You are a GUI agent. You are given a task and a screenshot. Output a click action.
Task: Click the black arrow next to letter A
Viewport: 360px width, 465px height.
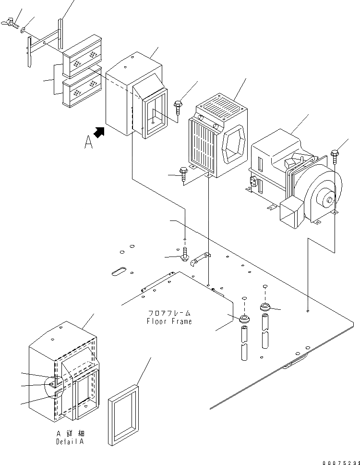99,133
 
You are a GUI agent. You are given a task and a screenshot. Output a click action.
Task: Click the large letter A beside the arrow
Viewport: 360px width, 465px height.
88,142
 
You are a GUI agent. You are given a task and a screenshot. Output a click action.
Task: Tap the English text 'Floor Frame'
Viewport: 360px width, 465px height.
169,321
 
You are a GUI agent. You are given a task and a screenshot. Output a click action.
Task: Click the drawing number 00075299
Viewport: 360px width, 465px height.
341,463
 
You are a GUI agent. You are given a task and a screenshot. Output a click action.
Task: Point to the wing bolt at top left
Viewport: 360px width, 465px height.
10,23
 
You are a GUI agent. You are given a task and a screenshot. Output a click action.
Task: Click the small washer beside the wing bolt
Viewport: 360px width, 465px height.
23,30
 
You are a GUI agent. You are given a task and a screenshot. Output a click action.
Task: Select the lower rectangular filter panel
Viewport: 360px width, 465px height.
82,87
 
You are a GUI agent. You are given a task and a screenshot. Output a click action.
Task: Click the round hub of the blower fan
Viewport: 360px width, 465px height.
327,201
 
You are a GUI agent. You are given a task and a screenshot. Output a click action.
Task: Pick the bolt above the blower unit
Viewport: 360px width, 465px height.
335,157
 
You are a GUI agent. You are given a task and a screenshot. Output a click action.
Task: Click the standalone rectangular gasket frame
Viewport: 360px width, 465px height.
123,415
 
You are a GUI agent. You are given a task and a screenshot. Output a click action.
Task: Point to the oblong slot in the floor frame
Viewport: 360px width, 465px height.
119,271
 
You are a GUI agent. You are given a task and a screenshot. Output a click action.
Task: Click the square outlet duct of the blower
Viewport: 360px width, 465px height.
292,213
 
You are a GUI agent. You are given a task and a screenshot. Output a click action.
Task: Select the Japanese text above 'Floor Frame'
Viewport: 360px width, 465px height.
169,313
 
